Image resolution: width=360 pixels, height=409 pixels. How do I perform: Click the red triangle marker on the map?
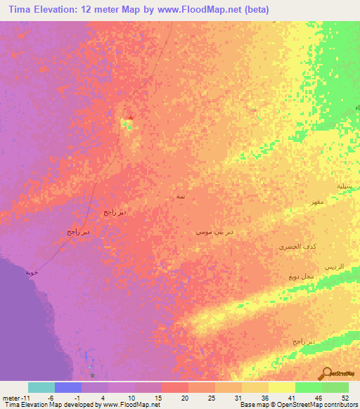(129, 117)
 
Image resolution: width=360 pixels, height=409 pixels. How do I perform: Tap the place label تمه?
(181, 199)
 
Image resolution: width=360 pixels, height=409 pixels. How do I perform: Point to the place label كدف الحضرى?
(292, 247)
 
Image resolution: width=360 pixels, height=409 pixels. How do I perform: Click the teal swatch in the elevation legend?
(41, 387)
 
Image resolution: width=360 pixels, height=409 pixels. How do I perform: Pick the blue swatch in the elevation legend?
(68, 387)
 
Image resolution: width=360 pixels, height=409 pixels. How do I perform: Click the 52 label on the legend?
(345, 398)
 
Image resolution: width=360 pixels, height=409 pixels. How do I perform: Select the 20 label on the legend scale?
(184, 398)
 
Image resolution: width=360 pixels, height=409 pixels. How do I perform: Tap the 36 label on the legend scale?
(264, 398)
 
